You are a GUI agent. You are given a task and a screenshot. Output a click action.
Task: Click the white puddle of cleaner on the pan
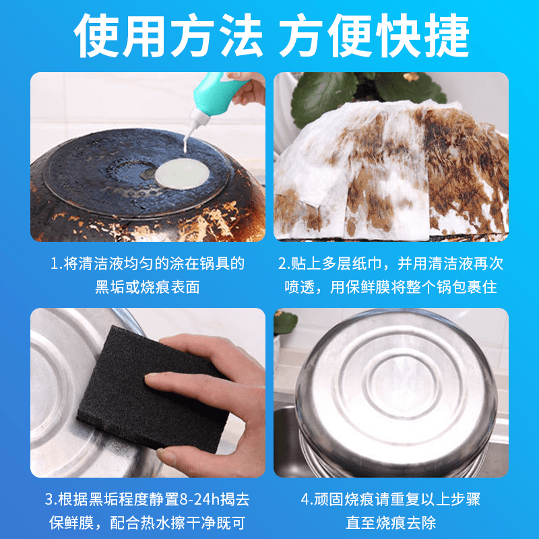point(182,174)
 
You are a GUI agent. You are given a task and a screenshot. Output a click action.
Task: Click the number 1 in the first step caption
point(55,264)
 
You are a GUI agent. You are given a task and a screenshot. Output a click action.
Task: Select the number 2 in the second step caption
point(282,264)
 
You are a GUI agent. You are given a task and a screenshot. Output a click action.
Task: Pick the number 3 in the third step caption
point(49,500)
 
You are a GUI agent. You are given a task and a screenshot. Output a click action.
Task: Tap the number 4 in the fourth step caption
point(306,500)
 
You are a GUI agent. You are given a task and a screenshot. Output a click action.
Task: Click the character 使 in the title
point(96,36)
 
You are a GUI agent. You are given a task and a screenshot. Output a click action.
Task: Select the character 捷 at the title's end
point(447,36)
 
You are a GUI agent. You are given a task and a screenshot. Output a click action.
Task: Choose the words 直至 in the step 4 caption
point(361,524)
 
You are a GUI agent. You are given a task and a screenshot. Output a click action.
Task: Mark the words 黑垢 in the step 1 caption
point(110,288)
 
